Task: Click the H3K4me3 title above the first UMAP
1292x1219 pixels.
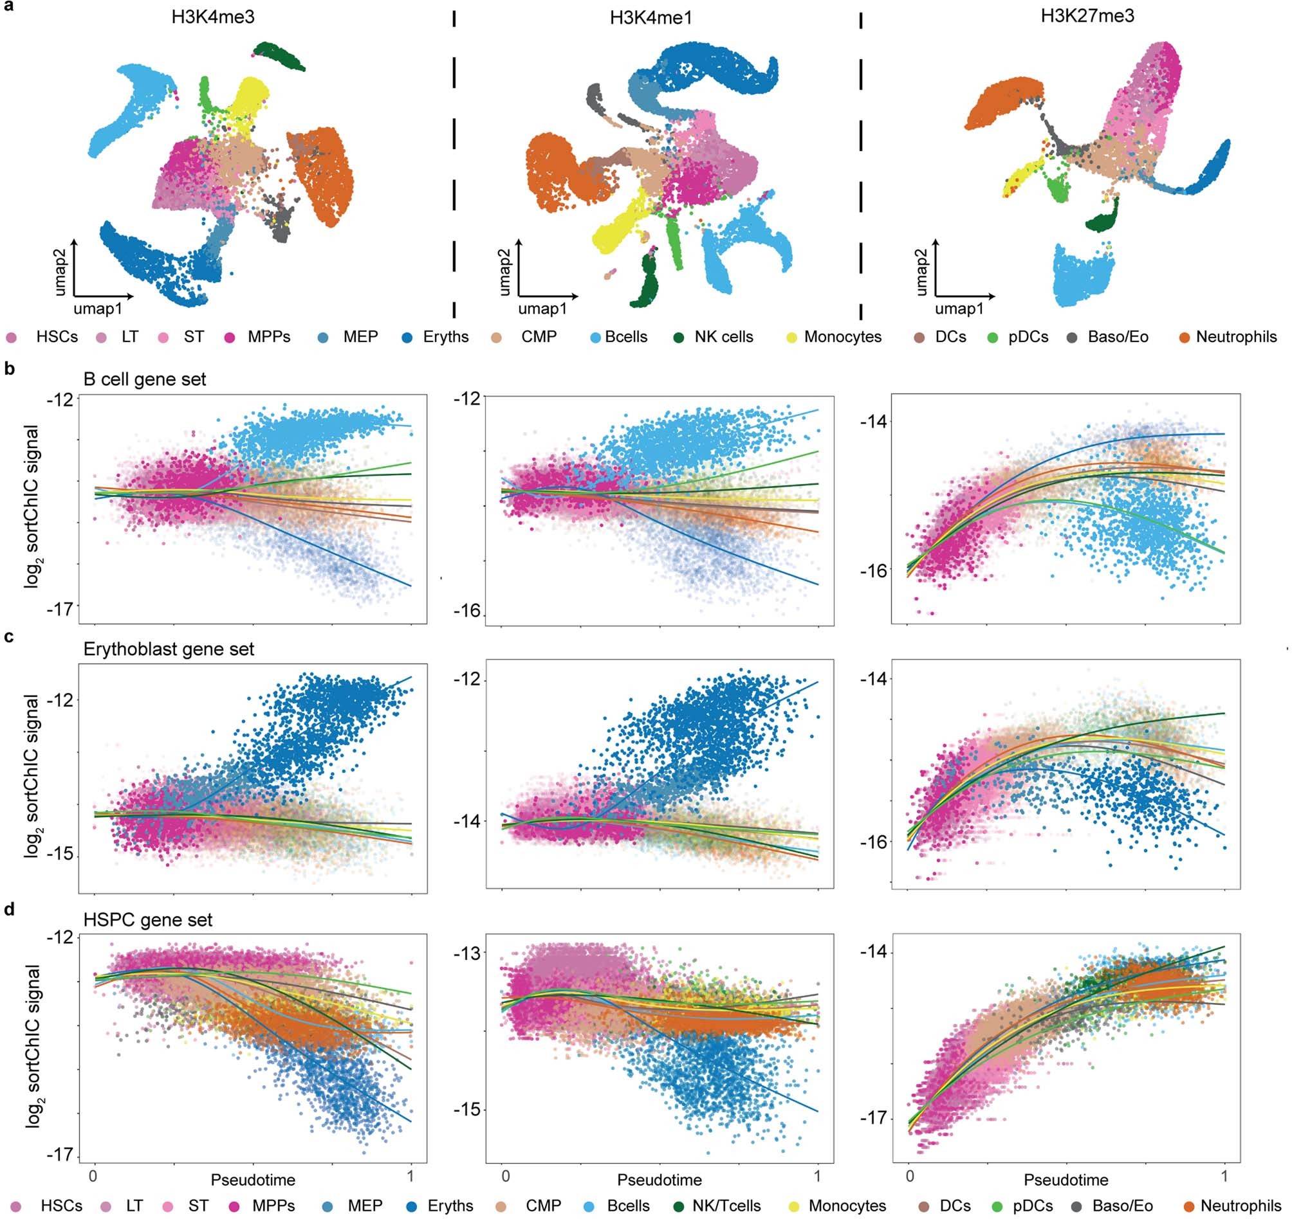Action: click(x=212, y=17)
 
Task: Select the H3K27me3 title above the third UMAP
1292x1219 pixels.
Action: click(x=1087, y=15)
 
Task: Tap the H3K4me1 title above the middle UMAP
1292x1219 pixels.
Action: click(x=651, y=17)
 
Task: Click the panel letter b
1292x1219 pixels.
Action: click(x=9, y=369)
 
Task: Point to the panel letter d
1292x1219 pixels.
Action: click(x=9, y=909)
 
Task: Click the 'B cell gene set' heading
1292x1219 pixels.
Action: click(x=144, y=379)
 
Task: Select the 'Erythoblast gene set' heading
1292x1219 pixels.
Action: click(x=169, y=649)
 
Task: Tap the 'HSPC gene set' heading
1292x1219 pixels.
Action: click(x=147, y=920)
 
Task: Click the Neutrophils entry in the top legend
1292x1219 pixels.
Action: click(x=1236, y=338)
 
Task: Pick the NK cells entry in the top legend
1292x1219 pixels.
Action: click(x=723, y=338)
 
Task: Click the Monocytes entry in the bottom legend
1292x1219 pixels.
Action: click(x=847, y=1206)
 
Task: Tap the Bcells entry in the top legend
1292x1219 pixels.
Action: click(x=625, y=338)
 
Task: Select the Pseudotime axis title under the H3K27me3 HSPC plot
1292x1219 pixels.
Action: click(x=1066, y=1179)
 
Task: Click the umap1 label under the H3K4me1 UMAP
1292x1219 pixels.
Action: click(x=542, y=309)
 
